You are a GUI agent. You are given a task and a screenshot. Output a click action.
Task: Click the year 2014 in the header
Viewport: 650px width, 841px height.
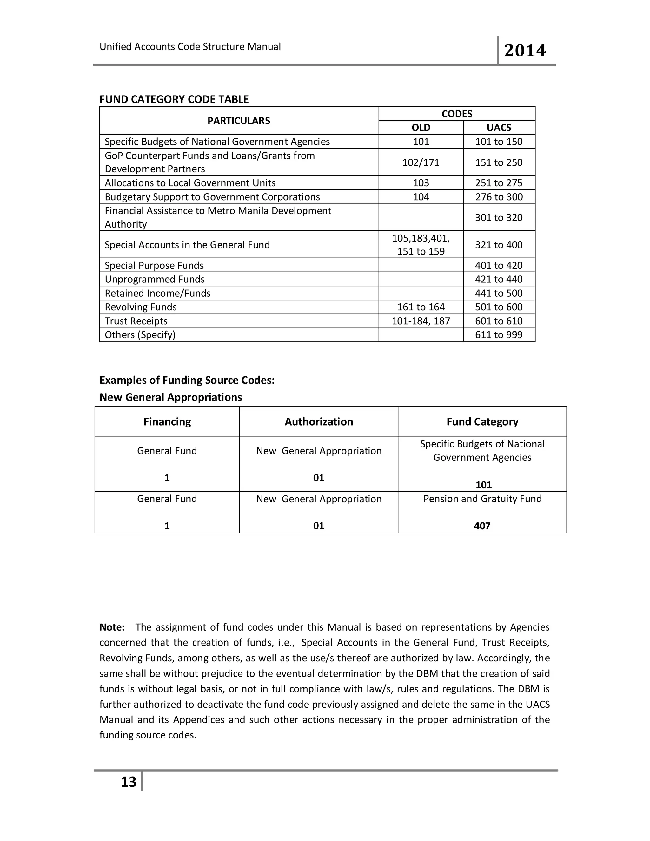pyautogui.click(x=525, y=51)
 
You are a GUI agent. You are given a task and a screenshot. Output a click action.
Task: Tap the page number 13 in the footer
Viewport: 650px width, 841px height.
pyautogui.click(x=128, y=782)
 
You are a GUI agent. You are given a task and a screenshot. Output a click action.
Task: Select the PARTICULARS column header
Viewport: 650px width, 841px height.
pyautogui.click(x=239, y=121)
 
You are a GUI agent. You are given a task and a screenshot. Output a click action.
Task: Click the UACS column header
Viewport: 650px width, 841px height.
pyautogui.click(x=499, y=128)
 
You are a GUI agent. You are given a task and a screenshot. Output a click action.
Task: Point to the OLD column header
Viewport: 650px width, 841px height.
pyautogui.click(x=421, y=128)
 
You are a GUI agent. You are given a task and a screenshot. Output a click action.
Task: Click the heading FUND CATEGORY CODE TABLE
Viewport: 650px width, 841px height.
pyautogui.click(x=174, y=99)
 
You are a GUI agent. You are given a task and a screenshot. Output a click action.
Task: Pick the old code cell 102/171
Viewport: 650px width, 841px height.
pyautogui.click(x=421, y=162)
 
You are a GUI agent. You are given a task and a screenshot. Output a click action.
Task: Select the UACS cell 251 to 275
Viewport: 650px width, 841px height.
pyautogui.click(x=499, y=183)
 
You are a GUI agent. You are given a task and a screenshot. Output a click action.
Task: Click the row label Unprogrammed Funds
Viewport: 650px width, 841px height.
pyautogui.click(x=155, y=279)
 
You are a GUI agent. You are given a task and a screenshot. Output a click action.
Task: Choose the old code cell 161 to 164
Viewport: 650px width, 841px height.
pyautogui.click(x=421, y=307)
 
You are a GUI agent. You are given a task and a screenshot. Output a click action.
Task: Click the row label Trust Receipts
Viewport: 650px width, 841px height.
pyautogui.click(x=136, y=321)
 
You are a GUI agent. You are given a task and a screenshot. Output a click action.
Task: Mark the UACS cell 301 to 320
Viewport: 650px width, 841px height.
pyautogui.click(x=499, y=218)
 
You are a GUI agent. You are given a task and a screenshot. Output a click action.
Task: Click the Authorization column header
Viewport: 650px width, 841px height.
pyautogui.click(x=319, y=422)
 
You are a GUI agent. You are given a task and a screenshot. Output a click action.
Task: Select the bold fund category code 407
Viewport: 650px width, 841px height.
pyautogui.click(x=482, y=526)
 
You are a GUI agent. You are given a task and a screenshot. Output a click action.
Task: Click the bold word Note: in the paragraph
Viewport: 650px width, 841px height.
pyautogui.click(x=112, y=627)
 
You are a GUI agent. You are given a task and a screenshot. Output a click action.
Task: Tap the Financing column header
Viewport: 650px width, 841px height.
pyautogui.click(x=167, y=422)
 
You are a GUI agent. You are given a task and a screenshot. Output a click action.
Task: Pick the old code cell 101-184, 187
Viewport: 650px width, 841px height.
pyautogui.click(x=421, y=321)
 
